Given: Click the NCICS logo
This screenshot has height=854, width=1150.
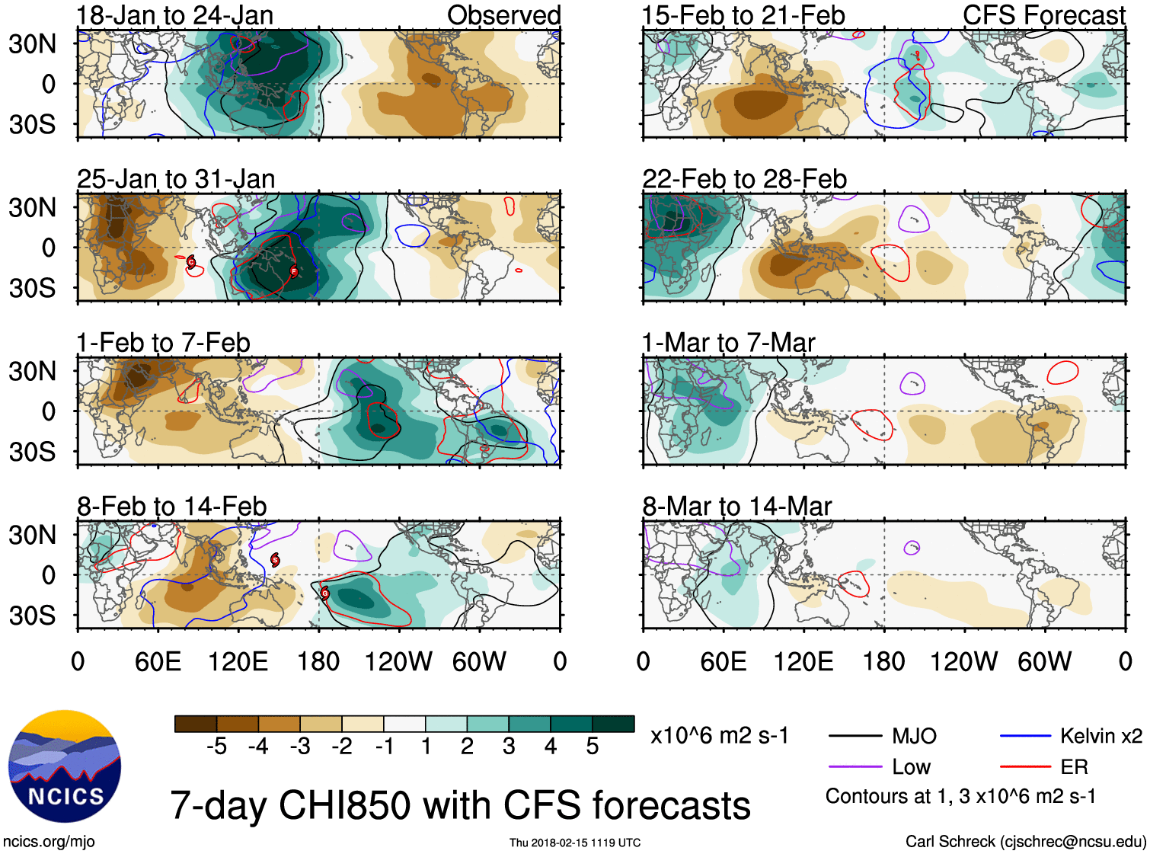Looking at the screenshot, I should pos(64,766).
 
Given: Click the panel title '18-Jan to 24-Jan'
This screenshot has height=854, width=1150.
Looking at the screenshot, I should pos(174,15).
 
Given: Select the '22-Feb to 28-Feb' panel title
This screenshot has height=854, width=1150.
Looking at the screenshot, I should pos(744,179).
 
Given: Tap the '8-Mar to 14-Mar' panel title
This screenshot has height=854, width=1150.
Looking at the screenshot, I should pos(736,507).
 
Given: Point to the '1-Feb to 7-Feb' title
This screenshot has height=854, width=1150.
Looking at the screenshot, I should pos(163,343).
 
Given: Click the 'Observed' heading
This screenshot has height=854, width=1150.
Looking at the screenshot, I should pos(503,15).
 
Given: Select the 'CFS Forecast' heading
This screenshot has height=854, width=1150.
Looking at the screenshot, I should pos(1043,15).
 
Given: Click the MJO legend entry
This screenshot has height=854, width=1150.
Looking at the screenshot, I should pos(914,736).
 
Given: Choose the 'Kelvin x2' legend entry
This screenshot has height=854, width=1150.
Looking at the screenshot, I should pos(1100,736).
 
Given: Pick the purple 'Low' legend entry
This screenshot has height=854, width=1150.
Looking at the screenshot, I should pos(911,767).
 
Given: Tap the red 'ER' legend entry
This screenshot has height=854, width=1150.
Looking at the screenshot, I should pos(1074,767).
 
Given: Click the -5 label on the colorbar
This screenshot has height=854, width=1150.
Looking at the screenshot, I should pos(216,747).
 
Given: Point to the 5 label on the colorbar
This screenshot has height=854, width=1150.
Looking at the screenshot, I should pos(593,747).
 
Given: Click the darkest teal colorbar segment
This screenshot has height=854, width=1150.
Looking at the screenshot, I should pos(613,724).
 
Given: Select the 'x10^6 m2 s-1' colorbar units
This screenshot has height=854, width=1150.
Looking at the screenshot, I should pos(719,736).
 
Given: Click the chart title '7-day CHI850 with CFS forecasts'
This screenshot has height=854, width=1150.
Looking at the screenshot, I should pos(460,806).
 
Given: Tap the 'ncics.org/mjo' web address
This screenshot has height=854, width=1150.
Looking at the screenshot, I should pos(49,842).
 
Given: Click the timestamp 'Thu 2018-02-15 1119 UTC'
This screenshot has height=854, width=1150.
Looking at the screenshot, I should pos(575,843).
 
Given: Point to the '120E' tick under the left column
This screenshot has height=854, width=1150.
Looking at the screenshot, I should pos(238,661).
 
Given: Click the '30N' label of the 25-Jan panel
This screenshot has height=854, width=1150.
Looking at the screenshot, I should pos(33,207).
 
